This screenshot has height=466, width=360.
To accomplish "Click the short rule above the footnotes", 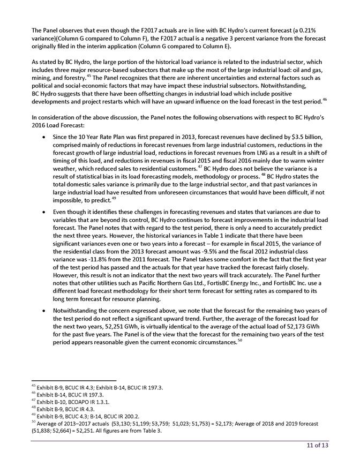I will [70, 380].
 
